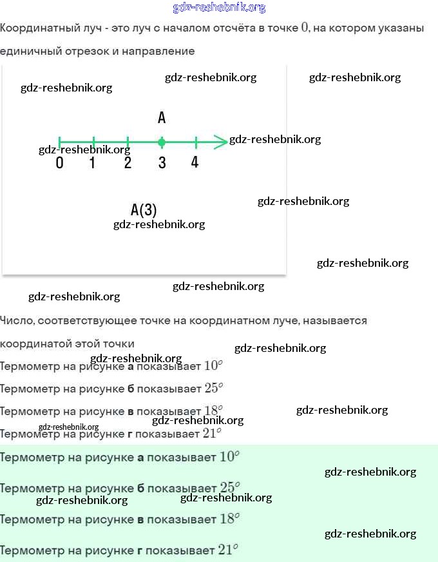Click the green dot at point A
pos(162,142)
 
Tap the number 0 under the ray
pos(60,163)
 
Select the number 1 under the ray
pos(93,163)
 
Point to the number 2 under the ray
pos(128,163)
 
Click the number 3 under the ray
pos(162,163)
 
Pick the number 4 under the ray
pos(195,162)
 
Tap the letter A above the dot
pos(162,118)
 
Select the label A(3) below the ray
pos(144,210)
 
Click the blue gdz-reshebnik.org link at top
pos(219,8)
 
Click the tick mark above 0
pos(59,142)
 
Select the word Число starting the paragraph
pos(16,320)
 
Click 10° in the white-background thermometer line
pos(213,365)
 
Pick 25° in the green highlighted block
pos(229,488)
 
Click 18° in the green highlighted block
pos(229,519)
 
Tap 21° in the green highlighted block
pos(228,550)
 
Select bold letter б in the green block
pos(141,489)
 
